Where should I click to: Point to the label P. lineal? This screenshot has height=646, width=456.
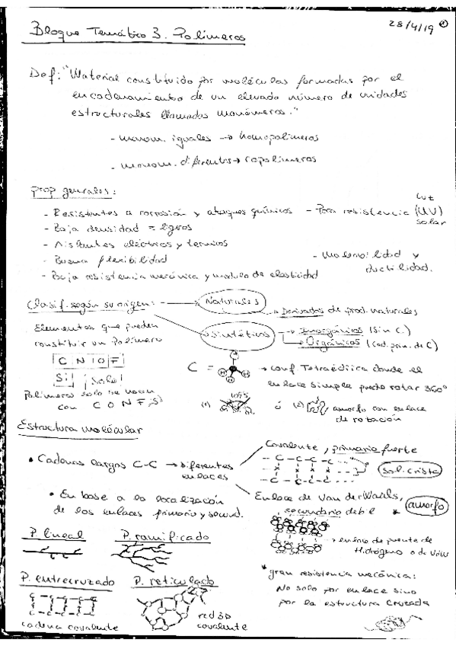(x=43, y=533)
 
